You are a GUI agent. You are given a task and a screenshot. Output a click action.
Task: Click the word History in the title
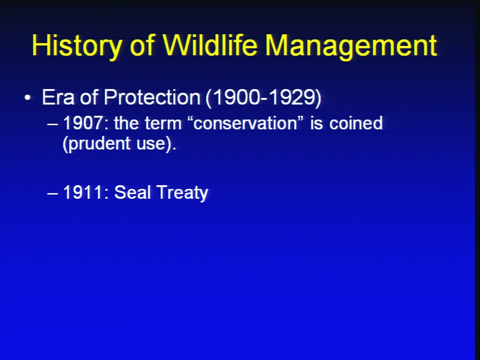pyautogui.click(x=76, y=45)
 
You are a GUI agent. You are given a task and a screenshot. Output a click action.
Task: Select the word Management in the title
pyautogui.click(x=351, y=46)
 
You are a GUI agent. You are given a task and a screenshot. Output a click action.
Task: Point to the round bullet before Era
pyautogui.click(x=27, y=98)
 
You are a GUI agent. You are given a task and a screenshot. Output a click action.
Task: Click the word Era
pyautogui.click(x=58, y=97)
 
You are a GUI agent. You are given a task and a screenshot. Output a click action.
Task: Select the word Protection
pyautogui.click(x=152, y=97)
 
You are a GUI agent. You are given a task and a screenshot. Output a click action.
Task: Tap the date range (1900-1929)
pyautogui.click(x=263, y=97)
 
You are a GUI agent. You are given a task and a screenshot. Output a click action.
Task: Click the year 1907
pyautogui.click(x=82, y=123)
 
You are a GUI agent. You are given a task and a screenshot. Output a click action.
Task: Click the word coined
pyautogui.click(x=356, y=123)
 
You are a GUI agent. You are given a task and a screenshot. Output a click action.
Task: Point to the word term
pyautogui.click(x=163, y=123)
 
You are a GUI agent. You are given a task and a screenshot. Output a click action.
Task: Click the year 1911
pyautogui.click(x=82, y=192)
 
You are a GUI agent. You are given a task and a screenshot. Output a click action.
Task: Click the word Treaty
pyautogui.click(x=182, y=193)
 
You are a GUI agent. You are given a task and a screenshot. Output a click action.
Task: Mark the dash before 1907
pyautogui.click(x=52, y=124)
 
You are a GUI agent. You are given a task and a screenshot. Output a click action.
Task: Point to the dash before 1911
pyautogui.click(x=52, y=194)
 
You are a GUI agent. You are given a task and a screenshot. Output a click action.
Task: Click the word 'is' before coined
pyautogui.click(x=316, y=123)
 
